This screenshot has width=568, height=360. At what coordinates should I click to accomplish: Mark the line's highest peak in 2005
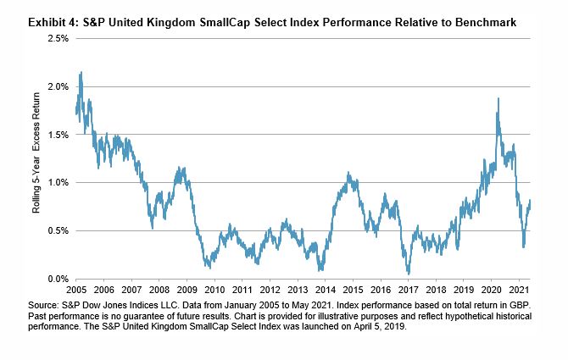tap(81, 73)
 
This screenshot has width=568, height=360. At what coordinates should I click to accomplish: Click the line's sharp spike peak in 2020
tap(498, 99)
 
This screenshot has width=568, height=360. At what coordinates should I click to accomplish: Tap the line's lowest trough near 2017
tap(409, 273)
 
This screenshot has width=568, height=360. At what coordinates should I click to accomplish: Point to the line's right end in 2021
tap(531, 201)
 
